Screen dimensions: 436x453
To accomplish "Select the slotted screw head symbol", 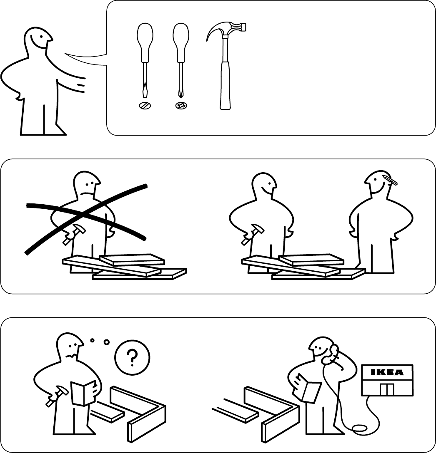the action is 145,106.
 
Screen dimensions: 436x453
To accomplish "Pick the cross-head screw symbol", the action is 181,106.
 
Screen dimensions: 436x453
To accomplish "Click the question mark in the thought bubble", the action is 132,358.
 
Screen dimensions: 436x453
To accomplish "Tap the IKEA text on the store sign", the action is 387,372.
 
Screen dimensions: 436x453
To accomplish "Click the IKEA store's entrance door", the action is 387,389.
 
